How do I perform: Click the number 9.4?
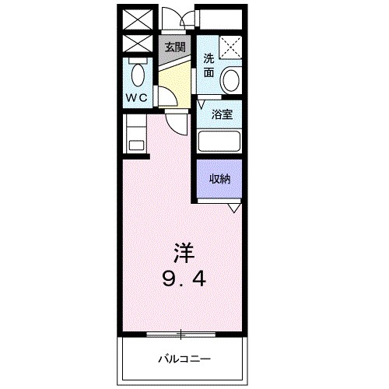(184, 278)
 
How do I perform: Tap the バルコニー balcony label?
(184, 359)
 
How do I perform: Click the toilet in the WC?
(138, 75)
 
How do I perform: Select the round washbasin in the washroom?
(231, 79)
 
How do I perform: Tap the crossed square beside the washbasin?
(230, 47)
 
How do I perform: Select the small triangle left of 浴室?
(201, 102)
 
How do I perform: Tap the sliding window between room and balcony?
(180, 335)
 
